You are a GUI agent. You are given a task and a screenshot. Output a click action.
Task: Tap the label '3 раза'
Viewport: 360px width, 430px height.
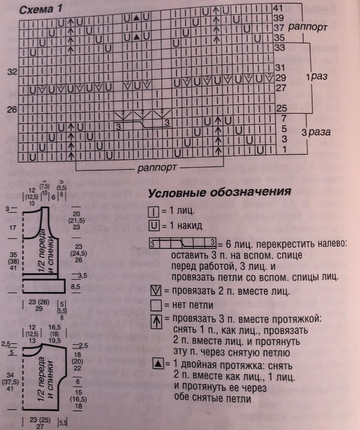(x=316, y=133)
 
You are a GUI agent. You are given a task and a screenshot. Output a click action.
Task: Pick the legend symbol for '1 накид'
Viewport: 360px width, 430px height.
(x=153, y=226)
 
